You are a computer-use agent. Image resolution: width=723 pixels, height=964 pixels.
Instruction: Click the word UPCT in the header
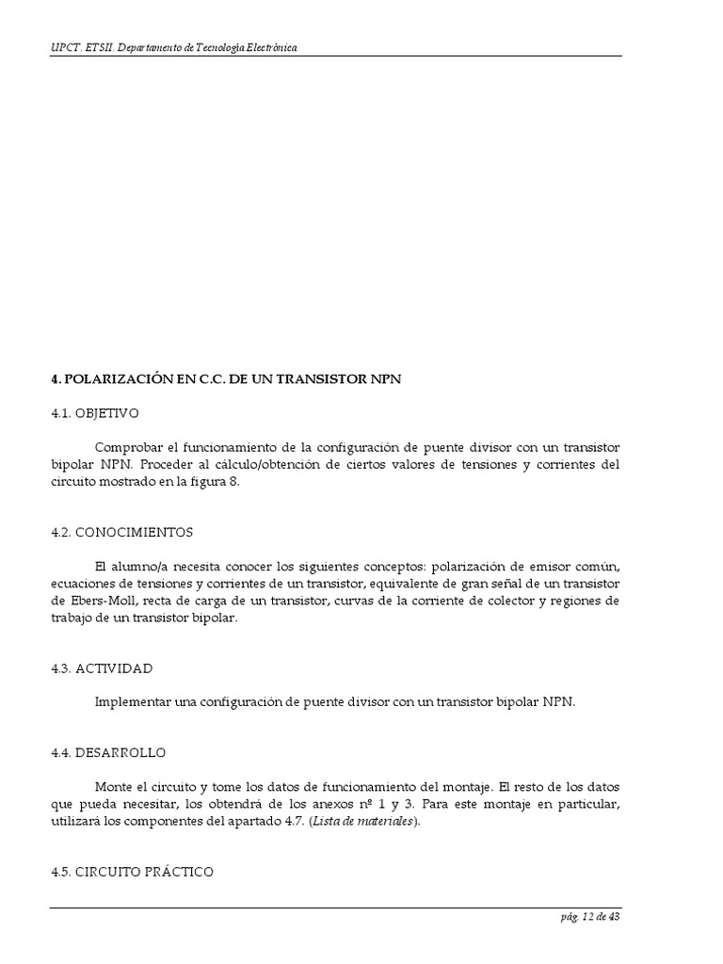click(x=65, y=47)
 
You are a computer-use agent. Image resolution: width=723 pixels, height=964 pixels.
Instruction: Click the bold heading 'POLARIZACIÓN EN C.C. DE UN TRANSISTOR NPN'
click(x=233, y=378)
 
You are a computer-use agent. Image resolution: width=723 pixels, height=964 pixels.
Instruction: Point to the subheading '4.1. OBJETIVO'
click(x=94, y=412)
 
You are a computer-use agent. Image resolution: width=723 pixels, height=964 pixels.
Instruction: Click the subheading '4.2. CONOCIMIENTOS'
click(x=121, y=532)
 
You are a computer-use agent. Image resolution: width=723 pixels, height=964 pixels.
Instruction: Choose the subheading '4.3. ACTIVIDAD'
click(x=102, y=667)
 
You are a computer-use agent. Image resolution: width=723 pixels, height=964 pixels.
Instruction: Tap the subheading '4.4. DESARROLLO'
click(x=108, y=752)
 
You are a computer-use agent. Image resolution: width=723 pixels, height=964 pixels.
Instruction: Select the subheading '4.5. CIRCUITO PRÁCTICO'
click(x=132, y=872)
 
